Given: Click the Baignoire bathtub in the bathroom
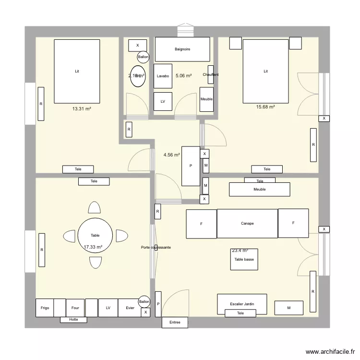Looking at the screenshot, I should [182, 49].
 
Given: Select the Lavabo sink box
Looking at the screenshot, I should [163, 76].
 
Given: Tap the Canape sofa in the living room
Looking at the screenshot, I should [247, 223].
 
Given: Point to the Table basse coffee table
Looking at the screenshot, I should [244, 259].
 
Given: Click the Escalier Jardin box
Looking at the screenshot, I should [242, 304].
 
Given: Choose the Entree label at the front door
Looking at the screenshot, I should [175, 323].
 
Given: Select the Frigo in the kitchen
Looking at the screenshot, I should [45, 308].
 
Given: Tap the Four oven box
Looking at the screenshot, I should [75, 308].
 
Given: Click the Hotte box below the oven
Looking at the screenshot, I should [73, 319].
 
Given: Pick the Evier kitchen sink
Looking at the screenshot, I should [130, 308].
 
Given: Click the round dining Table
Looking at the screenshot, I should [95, 235].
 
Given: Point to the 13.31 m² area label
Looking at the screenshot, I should [82, 109].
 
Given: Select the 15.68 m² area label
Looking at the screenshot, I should [265, 107].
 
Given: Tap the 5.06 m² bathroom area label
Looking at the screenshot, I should [183, 76].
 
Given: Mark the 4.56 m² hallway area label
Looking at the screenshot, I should [171, 155].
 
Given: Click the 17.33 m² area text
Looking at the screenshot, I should [93, 247].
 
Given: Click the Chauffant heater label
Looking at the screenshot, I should [211, 74].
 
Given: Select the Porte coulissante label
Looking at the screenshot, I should [156, 247].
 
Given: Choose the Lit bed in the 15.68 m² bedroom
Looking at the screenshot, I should [265, 71].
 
